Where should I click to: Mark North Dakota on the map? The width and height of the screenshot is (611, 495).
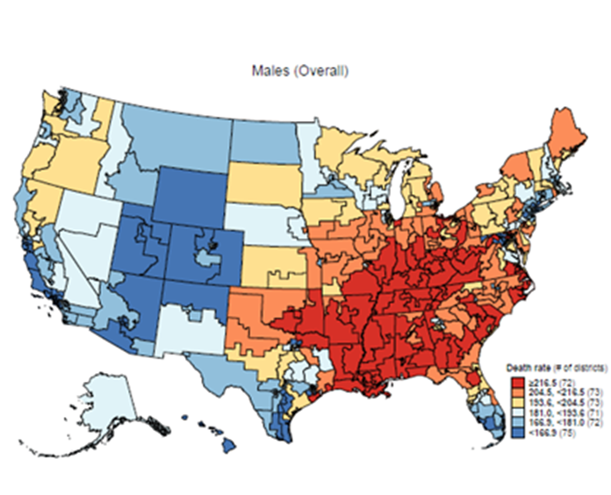[x=262, y=140]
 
